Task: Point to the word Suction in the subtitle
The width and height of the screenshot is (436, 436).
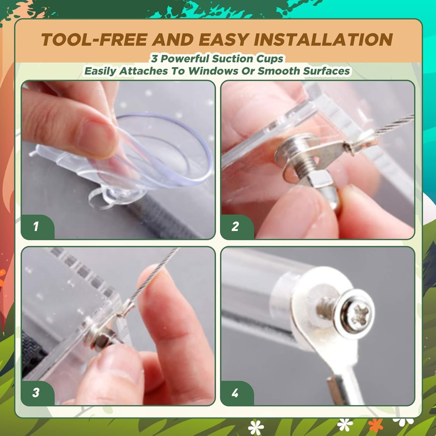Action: coord(228,59)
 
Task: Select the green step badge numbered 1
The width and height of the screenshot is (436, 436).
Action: coord(37,226)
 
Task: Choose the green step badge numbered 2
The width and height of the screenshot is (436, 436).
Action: coord(237,226)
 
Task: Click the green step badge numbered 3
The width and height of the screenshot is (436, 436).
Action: coord(37,393)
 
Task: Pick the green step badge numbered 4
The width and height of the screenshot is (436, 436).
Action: coord(237,393)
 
